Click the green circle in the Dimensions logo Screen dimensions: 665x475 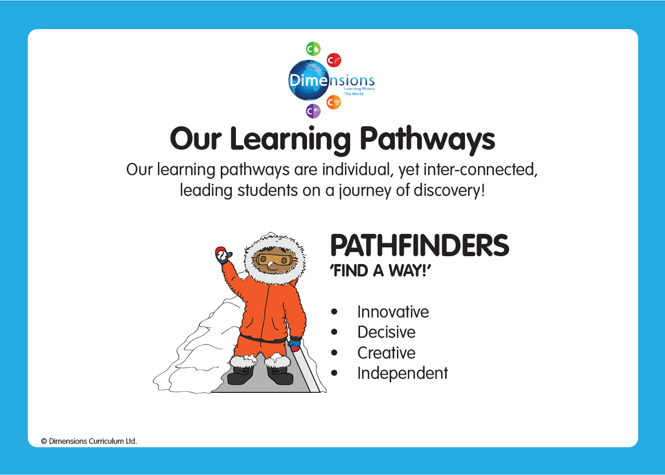pos(313,49)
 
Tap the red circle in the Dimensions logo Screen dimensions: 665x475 pos(334,60)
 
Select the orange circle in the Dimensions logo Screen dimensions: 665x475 pos(334,102)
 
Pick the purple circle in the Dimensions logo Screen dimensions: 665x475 pos(313,111)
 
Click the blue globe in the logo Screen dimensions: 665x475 pos(309,80)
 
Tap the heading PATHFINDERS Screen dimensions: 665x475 pos(420,245)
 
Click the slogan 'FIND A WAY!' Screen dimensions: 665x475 pos(381,270)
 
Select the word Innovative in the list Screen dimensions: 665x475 pos(393,312)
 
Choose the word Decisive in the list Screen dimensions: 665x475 pos(386,332)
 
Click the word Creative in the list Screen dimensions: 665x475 pos(386,353)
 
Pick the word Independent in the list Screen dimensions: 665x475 pos(403,373)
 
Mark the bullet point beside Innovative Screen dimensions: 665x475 pos(334,312)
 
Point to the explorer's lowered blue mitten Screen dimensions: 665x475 pos(295,345)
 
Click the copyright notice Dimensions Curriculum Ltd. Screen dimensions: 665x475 pos(89,441)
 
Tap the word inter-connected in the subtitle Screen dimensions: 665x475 pos(481,170)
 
